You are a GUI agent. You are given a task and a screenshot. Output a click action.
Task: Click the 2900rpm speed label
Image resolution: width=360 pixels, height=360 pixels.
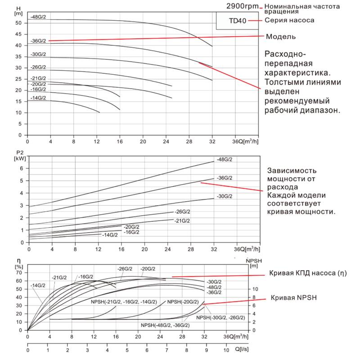pyautogui.click(x=242, y=6)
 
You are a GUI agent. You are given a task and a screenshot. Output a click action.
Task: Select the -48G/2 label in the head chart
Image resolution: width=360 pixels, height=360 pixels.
pyautogui.click(x=39, y=17)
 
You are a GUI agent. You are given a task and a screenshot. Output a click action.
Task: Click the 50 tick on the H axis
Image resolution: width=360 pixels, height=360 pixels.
pyautogui.click(x=18, y=23)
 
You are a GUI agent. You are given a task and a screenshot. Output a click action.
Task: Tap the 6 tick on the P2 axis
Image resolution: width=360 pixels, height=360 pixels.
pyautogui.click(x=21, y=168)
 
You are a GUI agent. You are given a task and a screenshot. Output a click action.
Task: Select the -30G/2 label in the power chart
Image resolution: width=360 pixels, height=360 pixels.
pyautogui.click(x=224, y=196)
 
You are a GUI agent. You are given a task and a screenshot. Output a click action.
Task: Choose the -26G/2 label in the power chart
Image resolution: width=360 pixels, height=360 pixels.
pyautogui.click(x=182, y=211)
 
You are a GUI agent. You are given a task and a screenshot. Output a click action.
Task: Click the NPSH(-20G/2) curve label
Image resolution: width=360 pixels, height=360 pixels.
pyautogui.click(x=182, y=302)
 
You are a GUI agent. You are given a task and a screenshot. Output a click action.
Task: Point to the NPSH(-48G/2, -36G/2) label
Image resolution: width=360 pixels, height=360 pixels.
pyautogui.click(x=165, y=325)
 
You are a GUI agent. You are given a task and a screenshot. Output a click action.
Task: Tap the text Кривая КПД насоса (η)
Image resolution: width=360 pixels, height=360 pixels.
pyautogui.click(x=308, y=273)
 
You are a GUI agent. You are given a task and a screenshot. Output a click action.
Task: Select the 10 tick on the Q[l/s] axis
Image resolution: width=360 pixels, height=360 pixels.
pyautogui.click(x=226, y=350)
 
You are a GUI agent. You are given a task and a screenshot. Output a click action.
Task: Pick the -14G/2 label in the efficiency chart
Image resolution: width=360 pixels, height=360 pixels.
pyautogui.click(x=38, y=285)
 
